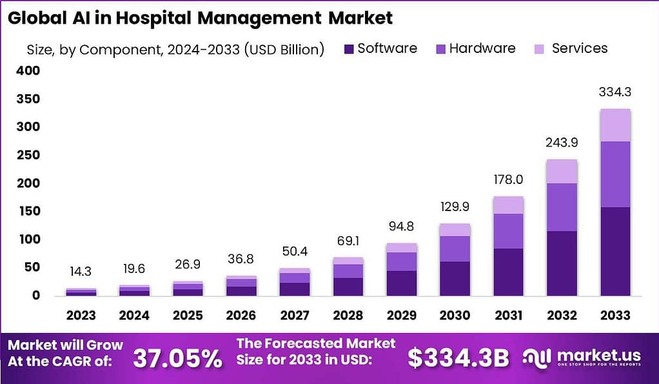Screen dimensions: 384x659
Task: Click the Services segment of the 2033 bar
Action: coord(615,125)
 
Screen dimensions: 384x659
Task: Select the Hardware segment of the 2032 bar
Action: coord(561,207)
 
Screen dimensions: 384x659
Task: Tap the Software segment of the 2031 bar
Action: coord(507,272)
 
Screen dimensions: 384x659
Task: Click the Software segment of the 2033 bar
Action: coord(615,251)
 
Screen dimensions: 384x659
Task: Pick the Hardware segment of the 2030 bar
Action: coord(454,248)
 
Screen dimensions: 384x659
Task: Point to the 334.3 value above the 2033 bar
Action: coord(615,92)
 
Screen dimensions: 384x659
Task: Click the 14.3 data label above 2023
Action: coord(81,272)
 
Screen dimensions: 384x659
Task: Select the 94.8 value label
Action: coord(400,227)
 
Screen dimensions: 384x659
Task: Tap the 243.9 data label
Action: coord(561,143)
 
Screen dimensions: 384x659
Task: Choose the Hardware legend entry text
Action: coord(482,48)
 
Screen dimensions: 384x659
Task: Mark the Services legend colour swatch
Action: coord(539,48)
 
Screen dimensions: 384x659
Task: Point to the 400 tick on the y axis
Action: coord(29,70)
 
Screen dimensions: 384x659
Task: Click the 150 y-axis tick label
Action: coord(29,211)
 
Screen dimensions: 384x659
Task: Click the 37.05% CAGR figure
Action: coord(177,358)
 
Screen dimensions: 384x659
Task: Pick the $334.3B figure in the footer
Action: coord(458,358)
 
